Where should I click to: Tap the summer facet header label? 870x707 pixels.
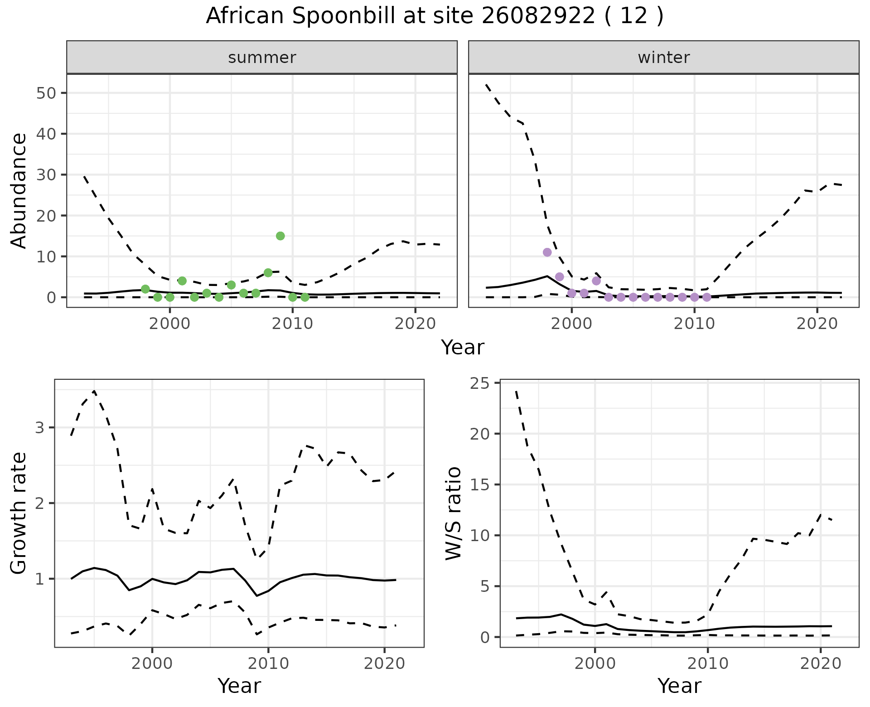262,58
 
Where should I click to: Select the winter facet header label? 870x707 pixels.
663,58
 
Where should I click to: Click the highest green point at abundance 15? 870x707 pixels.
280,236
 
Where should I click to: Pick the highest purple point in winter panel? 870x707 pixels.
547,252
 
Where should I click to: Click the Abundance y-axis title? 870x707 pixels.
19,190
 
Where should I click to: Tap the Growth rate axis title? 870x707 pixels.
19,513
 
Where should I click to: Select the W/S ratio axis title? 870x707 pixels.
453,513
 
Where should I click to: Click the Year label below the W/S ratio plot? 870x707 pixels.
679,686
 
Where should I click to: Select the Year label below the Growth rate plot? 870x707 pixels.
239,686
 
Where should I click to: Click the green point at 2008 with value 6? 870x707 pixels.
268,272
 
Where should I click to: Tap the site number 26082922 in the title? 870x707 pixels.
538,16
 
